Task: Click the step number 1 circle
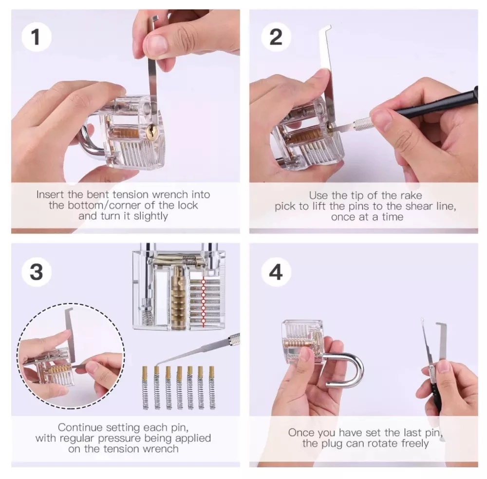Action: point(37,37)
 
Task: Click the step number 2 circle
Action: point(276,37)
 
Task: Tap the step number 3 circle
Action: point(37,272)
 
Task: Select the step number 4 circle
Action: point(276,272)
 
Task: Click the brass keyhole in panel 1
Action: point(152,131)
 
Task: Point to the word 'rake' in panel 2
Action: point(411,195)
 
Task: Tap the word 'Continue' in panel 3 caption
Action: point(80,427)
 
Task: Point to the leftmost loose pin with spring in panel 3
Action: point(145,387)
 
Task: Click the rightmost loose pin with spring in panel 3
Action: point(212,387)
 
